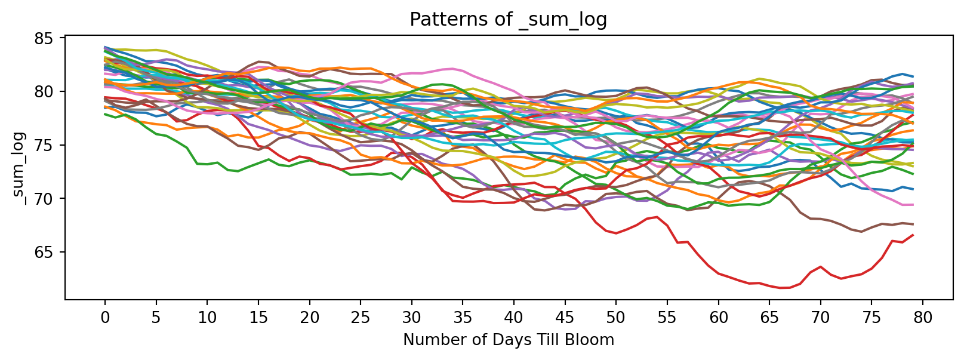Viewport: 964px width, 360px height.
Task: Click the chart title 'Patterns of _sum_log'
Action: [x=508, y=20]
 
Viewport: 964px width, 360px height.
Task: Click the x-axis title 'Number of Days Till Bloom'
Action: [x=509, y=340]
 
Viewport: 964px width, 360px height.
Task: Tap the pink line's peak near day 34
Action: [x=453, y=69]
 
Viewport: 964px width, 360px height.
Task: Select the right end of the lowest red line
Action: [x=913, y=235]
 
